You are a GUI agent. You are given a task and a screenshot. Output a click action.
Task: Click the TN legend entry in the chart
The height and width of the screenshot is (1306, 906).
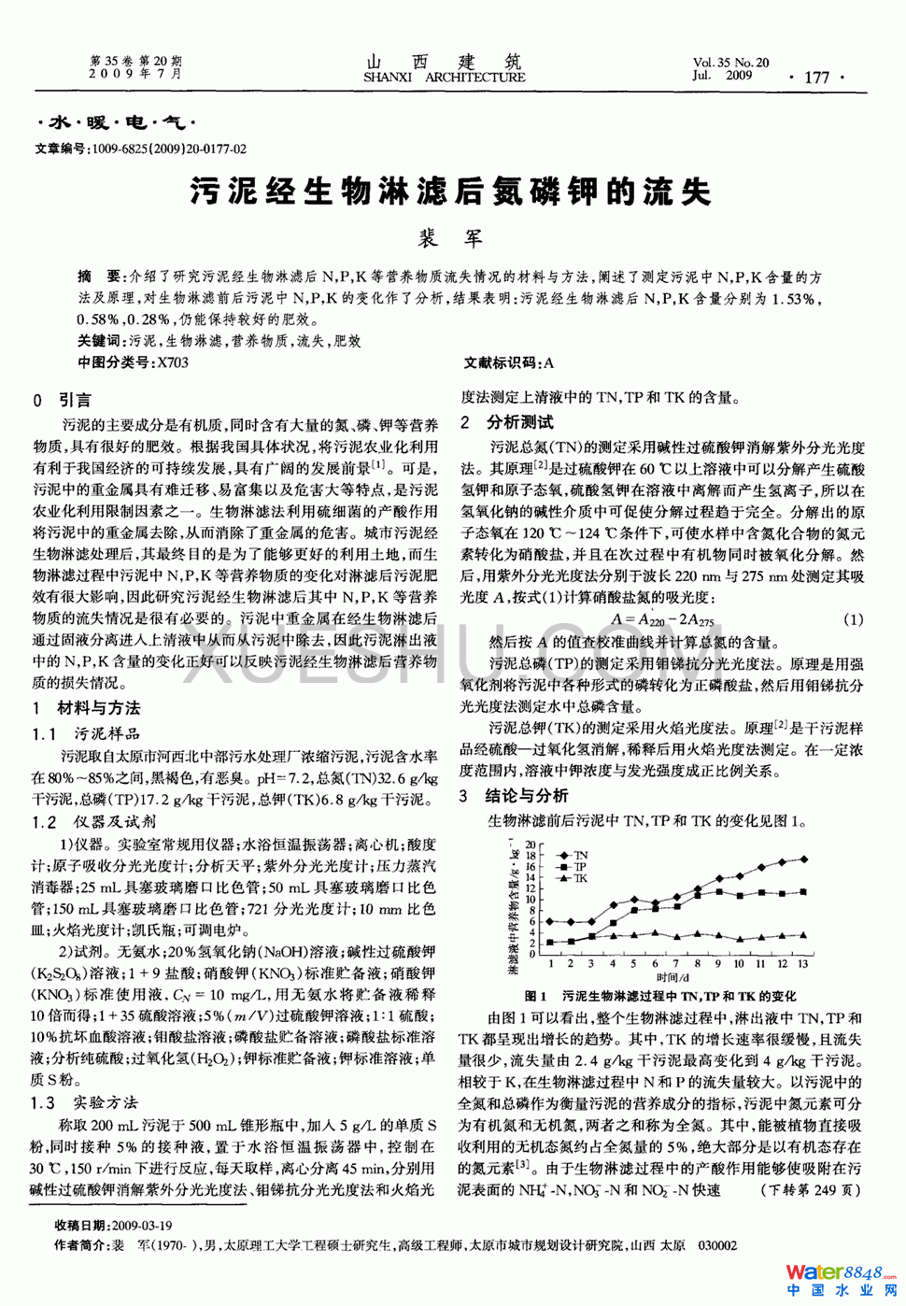pyautogui.click(x=572, y=855)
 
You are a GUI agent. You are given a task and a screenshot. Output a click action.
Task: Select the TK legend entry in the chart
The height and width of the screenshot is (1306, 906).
pyautogui.click(x=572, y=878)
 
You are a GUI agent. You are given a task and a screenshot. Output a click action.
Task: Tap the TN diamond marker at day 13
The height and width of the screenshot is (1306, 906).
pyautogui.click(x=803, y=859)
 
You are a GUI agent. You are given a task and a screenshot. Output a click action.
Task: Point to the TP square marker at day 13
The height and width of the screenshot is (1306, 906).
pyautogui.click(x=803, y=892)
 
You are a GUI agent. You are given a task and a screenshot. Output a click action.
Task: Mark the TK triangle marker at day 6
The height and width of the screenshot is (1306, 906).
pyautogui.click(x=655, y=932)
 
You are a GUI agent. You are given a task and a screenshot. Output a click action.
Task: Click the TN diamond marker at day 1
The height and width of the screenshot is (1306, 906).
pyautogui.click(x=550, y=922)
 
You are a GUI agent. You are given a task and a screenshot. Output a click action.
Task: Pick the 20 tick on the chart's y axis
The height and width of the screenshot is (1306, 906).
pyautogui.click(x=531, y=845)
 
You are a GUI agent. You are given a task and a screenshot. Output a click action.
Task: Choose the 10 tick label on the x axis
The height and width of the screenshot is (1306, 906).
pyautogui.click(x=739, y=963)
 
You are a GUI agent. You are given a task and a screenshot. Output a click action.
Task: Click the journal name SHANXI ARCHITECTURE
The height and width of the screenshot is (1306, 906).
pyautogui.click(x=445, y=78)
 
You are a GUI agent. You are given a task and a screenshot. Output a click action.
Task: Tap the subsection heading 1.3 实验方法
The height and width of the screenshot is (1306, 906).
pyautogui.click(x=84, y=1103)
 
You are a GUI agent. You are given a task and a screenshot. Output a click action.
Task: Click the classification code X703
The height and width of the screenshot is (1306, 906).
pyautogui.click(x=173, y=362)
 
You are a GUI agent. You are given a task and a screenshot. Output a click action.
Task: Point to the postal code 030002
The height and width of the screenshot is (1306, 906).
pyautogui.click(x=717, y=1245)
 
